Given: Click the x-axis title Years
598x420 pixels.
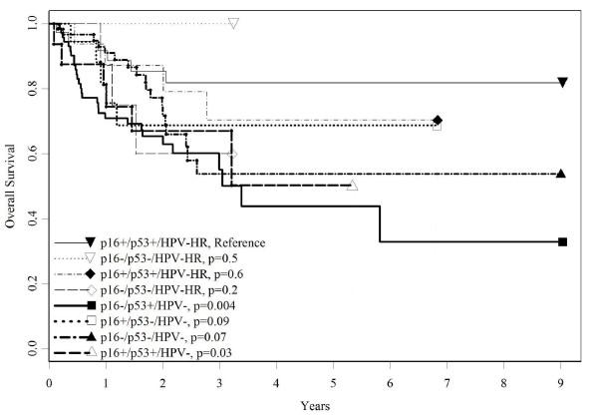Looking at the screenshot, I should tap(306, 408).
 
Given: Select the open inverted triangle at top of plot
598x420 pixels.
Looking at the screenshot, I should tap(233, 23).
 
